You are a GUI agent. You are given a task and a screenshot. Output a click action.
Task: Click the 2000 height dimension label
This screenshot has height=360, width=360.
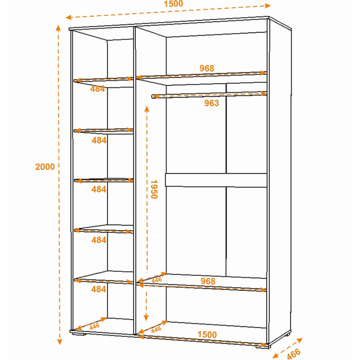[x=45, y=166]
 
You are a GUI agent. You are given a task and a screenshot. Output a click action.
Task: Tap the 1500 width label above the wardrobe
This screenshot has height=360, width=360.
[x=173, y=4]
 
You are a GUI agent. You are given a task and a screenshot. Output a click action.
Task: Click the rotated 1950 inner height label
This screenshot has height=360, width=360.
[x=154, y=189]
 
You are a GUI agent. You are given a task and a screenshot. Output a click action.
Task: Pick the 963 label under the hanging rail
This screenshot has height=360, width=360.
[x=211, y=103]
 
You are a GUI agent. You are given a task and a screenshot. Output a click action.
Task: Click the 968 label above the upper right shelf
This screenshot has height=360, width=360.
[x=207, y=68]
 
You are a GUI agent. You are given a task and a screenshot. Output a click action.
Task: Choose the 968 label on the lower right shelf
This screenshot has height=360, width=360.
[x=208, y=281]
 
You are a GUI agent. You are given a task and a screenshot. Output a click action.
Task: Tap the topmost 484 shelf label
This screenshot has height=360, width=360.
[x=97, y=89]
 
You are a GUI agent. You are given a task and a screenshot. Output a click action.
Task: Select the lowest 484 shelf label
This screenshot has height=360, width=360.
[x=99, y=289]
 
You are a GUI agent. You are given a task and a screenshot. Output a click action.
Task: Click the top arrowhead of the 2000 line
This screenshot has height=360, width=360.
[x=58, y=28]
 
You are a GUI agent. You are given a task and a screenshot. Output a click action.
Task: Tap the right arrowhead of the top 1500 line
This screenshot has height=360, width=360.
[x=268, y=6]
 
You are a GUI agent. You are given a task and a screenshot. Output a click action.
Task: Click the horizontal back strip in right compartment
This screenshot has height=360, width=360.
[x=216, y=180]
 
